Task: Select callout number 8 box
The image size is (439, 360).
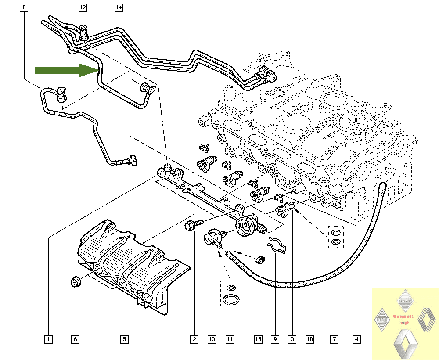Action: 24,7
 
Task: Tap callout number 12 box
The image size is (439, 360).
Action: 83,7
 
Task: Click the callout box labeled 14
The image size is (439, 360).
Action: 119,7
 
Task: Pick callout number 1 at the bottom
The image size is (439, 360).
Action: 49,339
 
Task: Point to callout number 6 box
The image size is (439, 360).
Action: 75,339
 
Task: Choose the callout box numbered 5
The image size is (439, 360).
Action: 125,339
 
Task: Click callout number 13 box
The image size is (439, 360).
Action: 212,339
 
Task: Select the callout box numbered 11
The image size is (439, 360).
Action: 230,339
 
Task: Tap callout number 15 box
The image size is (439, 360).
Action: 258,339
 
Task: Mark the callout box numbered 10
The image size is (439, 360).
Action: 309,339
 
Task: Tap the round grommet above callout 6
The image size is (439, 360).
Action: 75,281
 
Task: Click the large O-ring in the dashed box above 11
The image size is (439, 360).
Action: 230,300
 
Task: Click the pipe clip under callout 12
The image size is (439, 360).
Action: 84,32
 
